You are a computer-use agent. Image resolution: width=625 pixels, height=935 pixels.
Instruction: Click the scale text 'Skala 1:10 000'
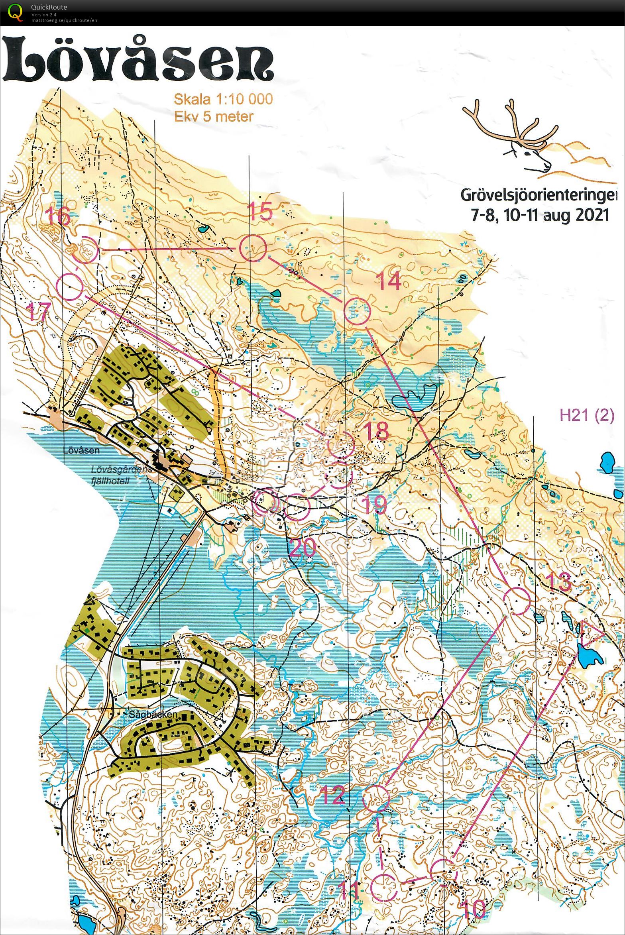(223, 99)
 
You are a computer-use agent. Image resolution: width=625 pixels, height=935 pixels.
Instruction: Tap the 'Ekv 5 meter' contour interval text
(214, 116)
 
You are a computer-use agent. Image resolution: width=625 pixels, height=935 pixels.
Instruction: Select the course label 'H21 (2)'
(587, 415)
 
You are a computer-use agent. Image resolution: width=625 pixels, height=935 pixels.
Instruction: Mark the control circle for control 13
(517, 601)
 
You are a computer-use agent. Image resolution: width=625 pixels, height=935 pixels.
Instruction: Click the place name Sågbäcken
(153, 715)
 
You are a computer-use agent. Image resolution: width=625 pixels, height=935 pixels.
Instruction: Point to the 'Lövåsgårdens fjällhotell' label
(116, 475)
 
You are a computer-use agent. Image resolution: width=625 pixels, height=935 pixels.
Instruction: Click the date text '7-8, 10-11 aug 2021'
(540, 215)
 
